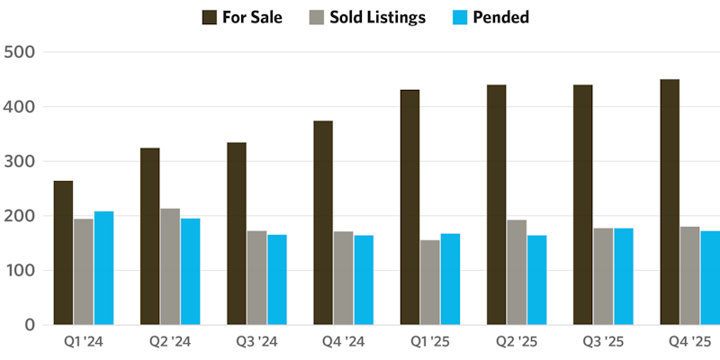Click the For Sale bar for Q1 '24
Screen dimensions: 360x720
63,253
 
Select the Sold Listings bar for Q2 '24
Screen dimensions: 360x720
170,266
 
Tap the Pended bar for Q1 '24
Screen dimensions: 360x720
103,268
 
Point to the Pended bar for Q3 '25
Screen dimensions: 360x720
623,276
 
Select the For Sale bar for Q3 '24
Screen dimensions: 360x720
237,233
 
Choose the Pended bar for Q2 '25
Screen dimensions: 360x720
536,280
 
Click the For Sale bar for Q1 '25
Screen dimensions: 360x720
409,207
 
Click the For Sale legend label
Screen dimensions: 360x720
255,17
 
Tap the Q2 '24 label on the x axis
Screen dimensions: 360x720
169,343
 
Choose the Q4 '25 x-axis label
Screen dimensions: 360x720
689,343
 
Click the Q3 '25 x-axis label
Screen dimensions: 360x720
603,343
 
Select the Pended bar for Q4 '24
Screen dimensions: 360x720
364,280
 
